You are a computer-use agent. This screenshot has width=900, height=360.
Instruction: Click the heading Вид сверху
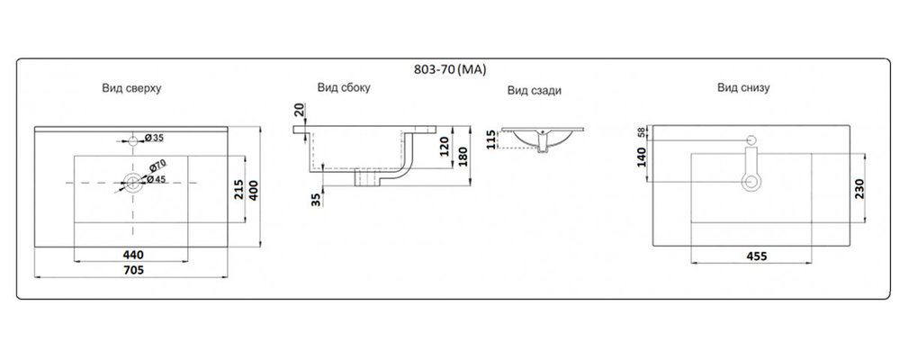[131, 88]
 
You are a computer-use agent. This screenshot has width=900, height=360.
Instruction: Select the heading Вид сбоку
[343, 87]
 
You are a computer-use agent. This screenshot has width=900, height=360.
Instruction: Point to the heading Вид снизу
[742, 87]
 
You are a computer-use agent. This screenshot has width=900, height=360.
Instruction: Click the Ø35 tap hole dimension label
[155, 138]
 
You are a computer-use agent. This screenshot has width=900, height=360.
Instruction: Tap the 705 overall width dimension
[133, 269]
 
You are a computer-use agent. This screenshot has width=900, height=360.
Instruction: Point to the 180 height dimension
[462, 156]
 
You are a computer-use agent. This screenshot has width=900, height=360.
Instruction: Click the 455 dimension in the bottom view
[756, 256]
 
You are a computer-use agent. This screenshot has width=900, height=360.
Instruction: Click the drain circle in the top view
[134, 184]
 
